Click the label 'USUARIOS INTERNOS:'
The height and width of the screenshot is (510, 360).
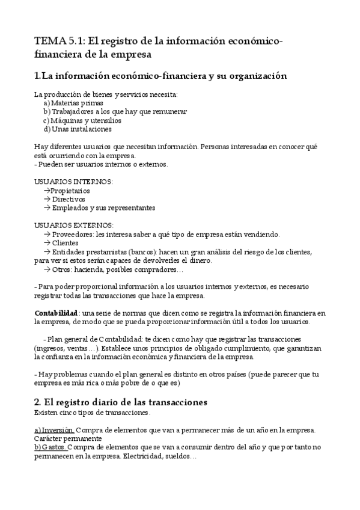click(73, 182)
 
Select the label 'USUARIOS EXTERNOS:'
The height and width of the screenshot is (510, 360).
click(74, 226)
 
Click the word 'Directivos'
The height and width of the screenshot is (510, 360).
click(69, 199)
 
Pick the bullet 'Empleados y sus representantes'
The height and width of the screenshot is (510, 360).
click(103, 207)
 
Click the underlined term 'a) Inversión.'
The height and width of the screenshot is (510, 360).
click(54, 430)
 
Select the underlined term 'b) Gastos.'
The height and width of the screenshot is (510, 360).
click(50, 447)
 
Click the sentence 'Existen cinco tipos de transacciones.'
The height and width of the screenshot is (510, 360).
click(92, 413)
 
